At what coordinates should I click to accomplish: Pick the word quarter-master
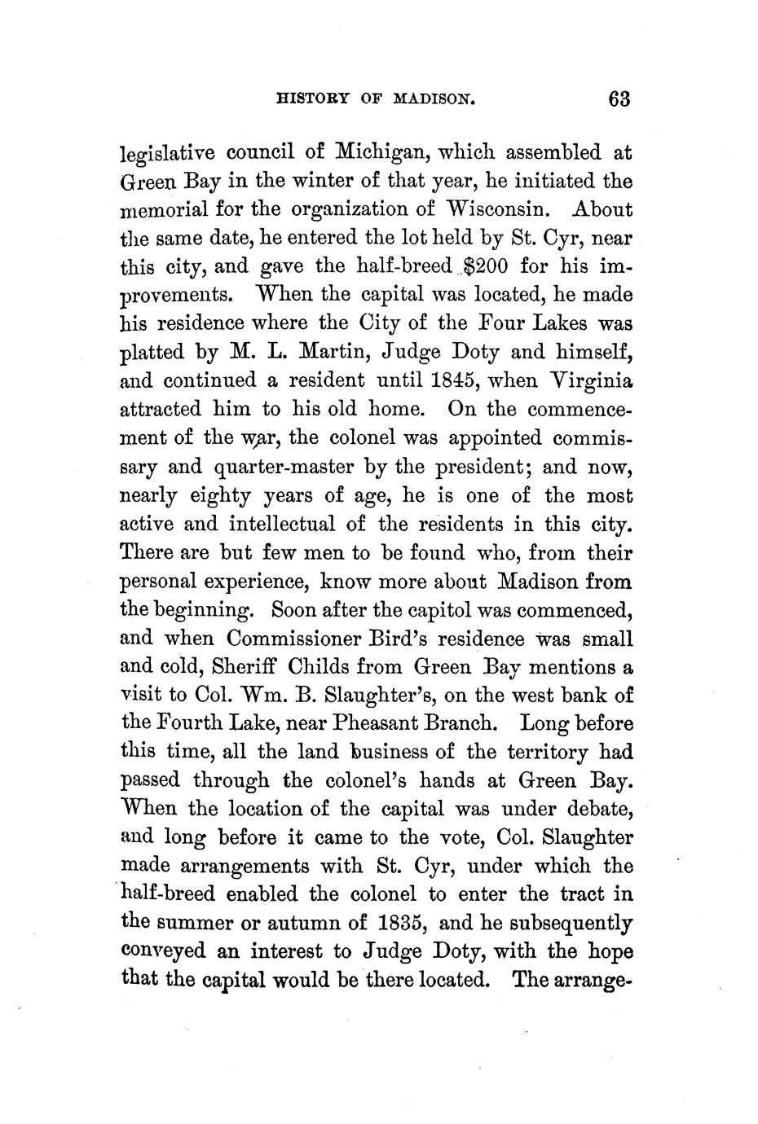click(x=287, y=468)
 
